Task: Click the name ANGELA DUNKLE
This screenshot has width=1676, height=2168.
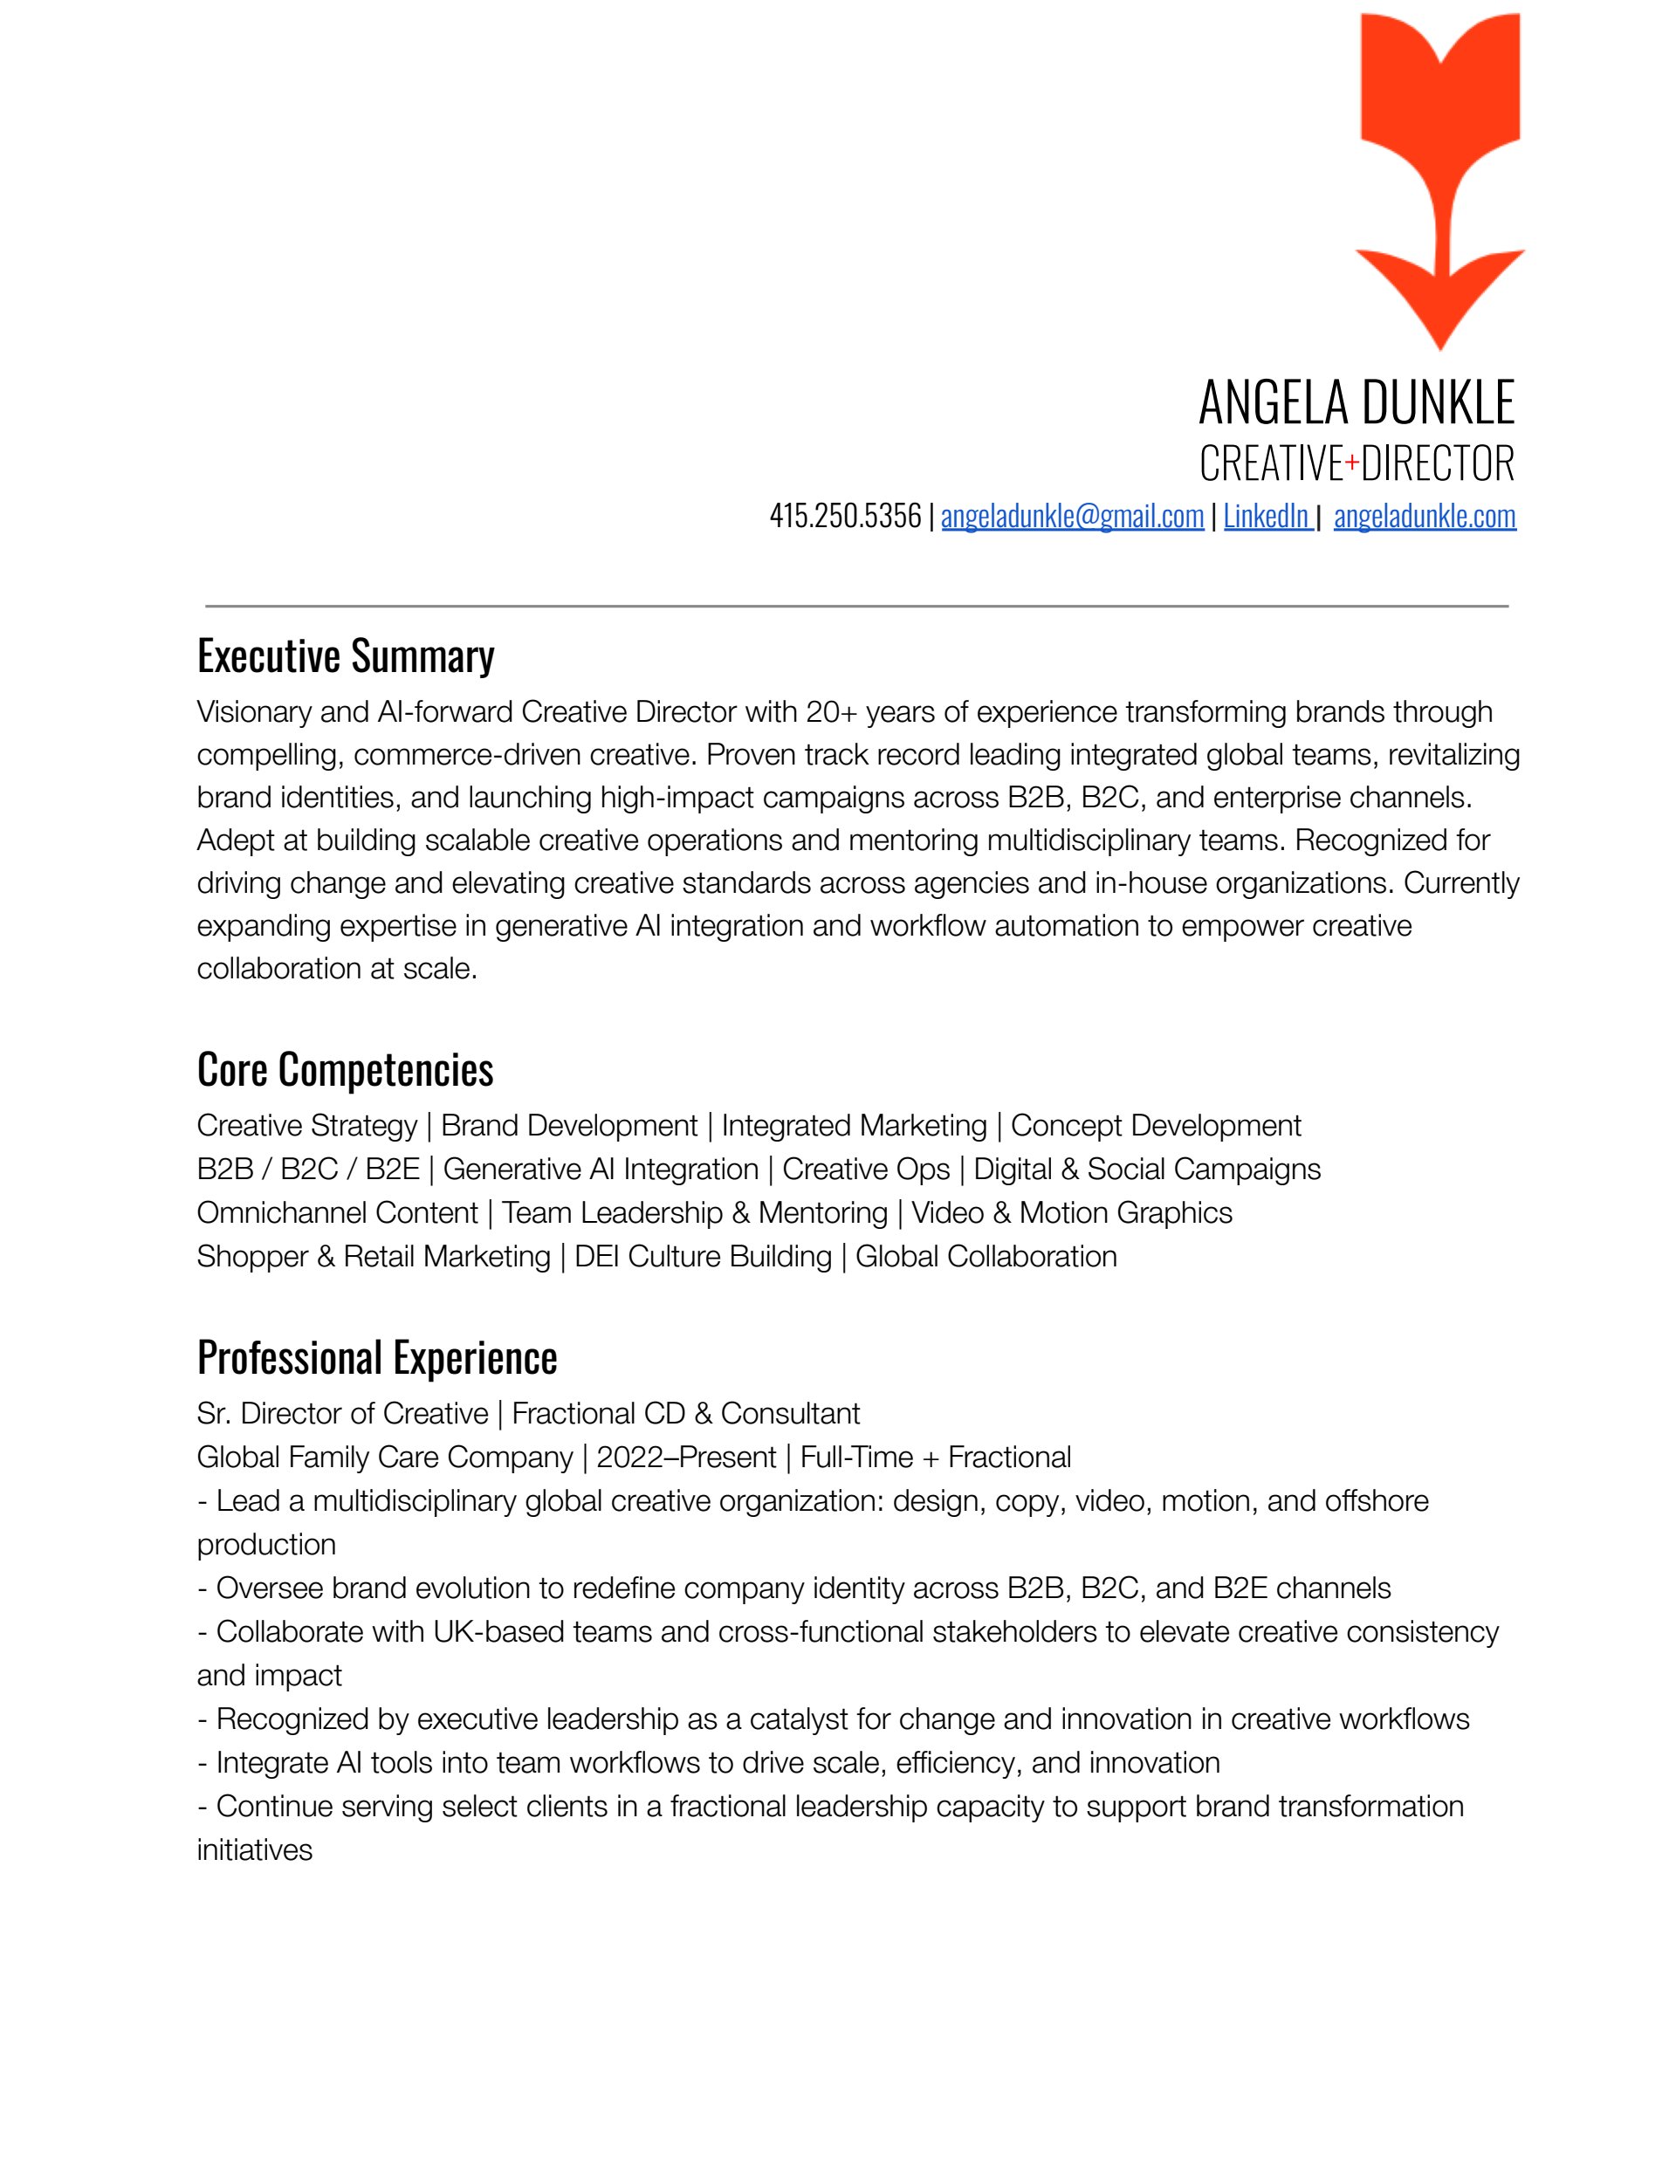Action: [x=1357, y=402]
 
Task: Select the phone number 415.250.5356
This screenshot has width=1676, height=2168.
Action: [x=845, y=516]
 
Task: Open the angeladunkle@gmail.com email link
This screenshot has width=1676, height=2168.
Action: [x=1072, y=516]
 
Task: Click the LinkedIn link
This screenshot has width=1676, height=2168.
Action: [x=1266, y=516]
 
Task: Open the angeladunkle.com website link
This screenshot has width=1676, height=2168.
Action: [x=1425, y=516]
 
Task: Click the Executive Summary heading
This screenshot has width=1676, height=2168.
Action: [x=346, y=656]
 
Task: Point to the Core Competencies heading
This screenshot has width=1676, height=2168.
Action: [x=346, y=1070]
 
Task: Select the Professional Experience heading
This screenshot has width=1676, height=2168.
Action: [x=377, y=1358]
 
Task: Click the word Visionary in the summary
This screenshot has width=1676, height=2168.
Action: [x=253, y=711]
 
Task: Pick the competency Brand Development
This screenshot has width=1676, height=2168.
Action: [x=569, y=1126]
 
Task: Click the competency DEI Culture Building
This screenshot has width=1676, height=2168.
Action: [x=703, y=1257]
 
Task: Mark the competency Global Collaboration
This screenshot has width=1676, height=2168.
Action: [x=986, y=1257]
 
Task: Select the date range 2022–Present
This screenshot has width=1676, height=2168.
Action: [x=686, y=1458]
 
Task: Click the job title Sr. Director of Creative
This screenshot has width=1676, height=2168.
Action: [x=342, y=1414]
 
